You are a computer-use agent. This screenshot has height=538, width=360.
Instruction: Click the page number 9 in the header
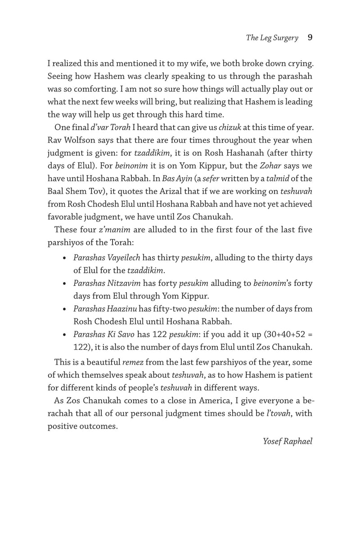pyautogui.click(x=310, y=38)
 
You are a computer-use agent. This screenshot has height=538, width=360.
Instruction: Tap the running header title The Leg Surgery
pyautogui.click(x=272, y=38)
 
